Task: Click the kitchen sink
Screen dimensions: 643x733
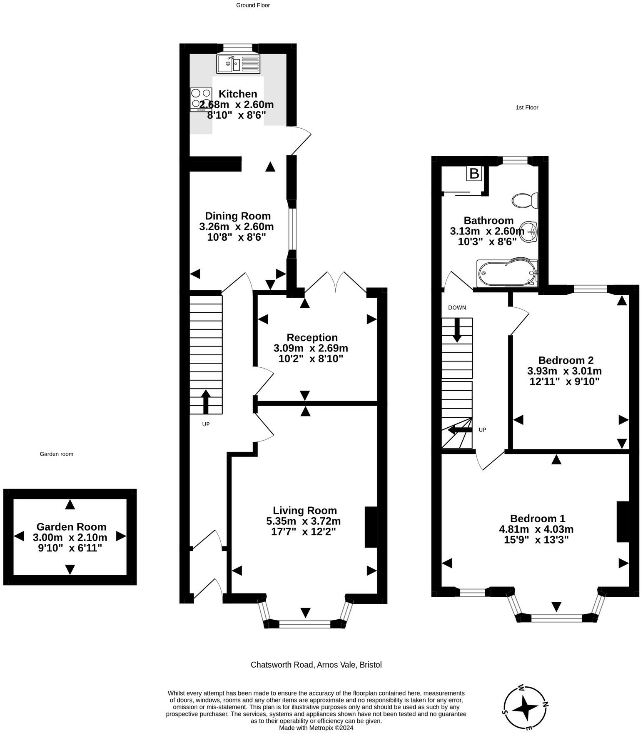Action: pos(238,63)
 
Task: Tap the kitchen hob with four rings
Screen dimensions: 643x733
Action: pos(201,100)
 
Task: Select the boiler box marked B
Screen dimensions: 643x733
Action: pos(474,173)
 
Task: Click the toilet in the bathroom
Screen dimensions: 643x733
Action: pos(525,200)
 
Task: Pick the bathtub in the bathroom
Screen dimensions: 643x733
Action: pos(507,273)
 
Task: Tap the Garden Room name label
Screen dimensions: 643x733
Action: pos(71,527)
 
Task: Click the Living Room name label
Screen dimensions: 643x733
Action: pos(305,510)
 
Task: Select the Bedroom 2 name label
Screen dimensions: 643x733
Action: pos(566,360)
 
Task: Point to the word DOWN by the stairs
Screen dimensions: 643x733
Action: pos(457,308)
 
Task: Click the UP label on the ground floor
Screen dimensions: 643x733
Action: pos(206,424)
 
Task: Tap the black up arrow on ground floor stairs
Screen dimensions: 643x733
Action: pos(206,402)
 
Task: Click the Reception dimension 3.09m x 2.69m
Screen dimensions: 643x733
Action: pos(311,348)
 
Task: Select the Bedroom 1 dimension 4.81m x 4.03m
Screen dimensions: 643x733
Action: pos(536,529)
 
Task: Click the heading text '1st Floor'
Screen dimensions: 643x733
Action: pos(527,107)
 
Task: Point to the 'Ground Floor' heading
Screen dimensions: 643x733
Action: pos(253,5)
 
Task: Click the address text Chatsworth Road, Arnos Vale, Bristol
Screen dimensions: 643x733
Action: pos(316,665)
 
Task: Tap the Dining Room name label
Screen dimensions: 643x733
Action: pos(238,216)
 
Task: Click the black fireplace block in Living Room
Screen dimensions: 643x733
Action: pos(371,527)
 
